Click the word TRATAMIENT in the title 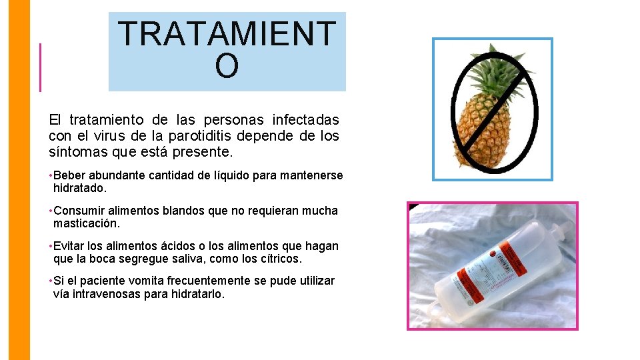click(227, 34)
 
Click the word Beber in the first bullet click(68, 175)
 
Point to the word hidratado click(79, 189)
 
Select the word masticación click(86, 224)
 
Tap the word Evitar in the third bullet click(69, 246)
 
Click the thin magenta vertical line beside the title click(40, 67)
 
